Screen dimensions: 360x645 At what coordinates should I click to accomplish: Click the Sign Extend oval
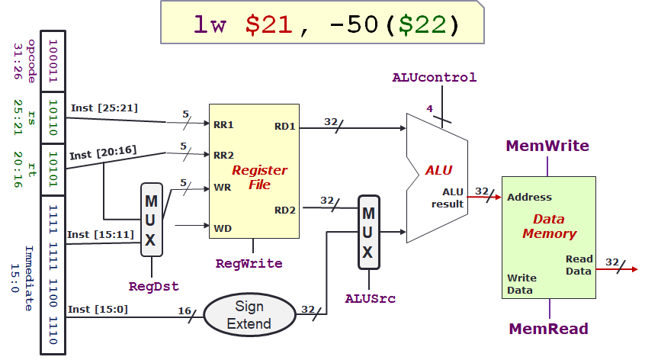[x=249, y=314]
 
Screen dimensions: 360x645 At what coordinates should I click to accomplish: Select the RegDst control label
[x=153, y=287]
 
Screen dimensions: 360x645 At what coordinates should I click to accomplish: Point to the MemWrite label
[x=547, y=146]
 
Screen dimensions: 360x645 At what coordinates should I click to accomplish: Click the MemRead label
[x=549, y=329]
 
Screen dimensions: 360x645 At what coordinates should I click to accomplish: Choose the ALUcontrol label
[x=434, y=77]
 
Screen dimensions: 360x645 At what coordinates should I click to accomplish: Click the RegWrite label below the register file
[x=249, y=264]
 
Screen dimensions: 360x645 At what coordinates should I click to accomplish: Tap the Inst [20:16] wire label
[x=104, y=154]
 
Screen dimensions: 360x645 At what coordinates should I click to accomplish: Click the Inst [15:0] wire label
[x=98, y=309]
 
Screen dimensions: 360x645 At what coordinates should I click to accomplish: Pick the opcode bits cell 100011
[x=52, y=61]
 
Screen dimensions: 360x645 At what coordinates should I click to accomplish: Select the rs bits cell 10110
[x=52, y=119]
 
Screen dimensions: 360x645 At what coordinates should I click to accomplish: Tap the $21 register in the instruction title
[x=268, y=24]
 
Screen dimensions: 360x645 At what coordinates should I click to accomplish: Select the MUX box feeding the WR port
[x=151, y=220]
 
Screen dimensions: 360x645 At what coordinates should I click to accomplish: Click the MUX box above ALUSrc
[x=369, y=232]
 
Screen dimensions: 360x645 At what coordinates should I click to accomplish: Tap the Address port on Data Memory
[x=529, y=197]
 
